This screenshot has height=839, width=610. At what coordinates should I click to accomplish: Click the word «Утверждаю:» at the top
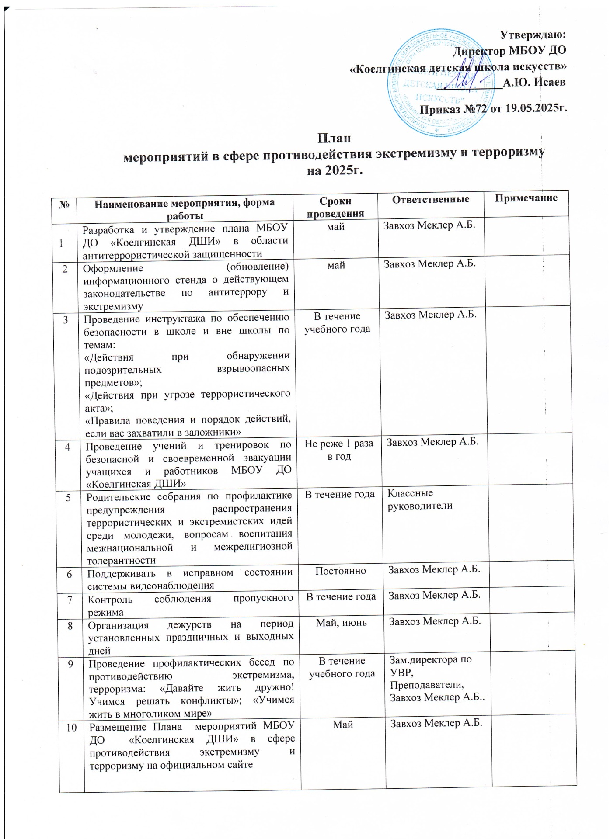pos(532,35)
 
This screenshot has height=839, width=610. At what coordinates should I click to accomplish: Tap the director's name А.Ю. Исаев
pos(534,82)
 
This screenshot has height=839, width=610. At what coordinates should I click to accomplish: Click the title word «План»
pos(334,139)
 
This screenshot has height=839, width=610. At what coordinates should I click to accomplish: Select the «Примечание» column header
pos(526,198)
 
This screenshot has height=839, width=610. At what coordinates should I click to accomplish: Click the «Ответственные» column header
pos(430,200)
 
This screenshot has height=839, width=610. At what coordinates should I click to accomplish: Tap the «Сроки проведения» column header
pos(335,207)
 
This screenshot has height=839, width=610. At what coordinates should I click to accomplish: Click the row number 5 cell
pos(69,497)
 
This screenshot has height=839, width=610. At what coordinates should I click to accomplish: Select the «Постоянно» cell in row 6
pos(341,571)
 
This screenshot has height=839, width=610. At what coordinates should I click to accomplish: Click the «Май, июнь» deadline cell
pos(342,623)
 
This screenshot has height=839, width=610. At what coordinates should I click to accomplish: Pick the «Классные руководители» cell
pos(420,499)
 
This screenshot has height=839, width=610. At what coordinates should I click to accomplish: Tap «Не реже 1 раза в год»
pos(339,450)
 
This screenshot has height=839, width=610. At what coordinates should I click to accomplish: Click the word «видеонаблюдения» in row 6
pos(151,586)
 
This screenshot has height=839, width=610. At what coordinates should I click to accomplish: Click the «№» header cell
pos(64,204)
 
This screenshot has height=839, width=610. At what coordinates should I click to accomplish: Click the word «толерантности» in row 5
pos(121,561)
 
